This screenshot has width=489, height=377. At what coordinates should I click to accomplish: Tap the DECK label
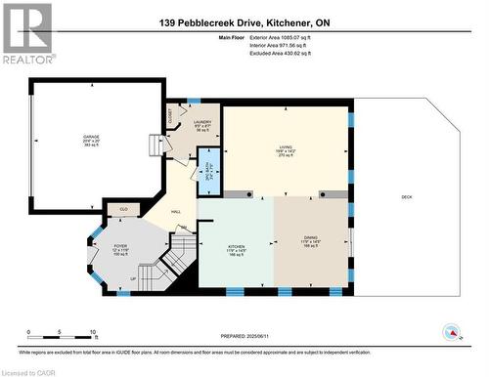(x=406, y=197)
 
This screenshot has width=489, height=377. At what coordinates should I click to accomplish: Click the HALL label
(x=176, y=212)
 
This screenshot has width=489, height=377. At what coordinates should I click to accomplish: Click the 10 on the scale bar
(x=93, y=333)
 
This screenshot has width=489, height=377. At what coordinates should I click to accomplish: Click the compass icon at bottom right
(x=451, y=331)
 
